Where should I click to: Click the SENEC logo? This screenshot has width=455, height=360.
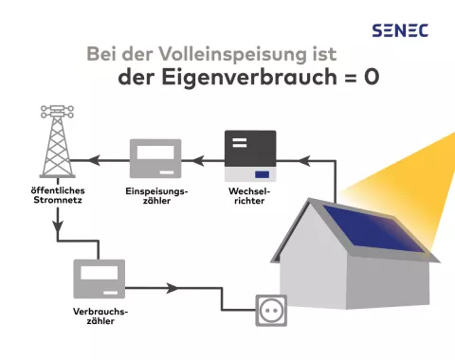coord(400,30)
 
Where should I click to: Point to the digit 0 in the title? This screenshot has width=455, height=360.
coord(371,78)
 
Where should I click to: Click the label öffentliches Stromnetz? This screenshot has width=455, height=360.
coord(56,195)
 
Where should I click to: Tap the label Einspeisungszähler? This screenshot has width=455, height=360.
coord(156,195)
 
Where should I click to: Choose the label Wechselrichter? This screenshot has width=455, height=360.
coord(249,195)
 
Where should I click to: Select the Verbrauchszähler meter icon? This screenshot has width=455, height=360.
coord(100,279)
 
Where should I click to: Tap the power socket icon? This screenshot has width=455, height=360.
coord(271,310)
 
